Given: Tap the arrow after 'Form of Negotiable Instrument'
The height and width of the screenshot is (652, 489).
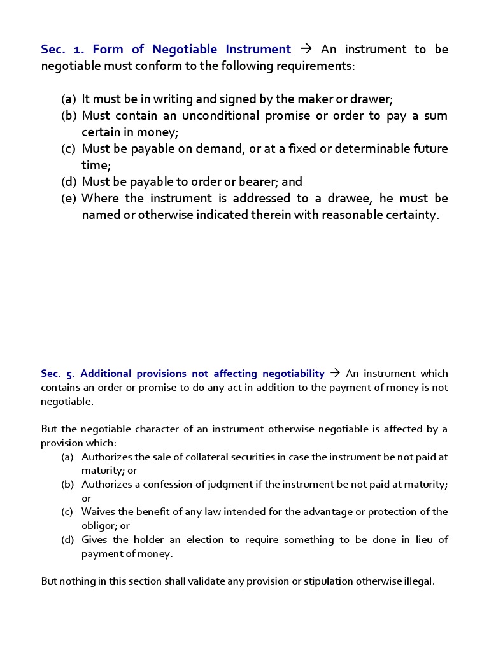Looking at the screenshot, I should [306, 50].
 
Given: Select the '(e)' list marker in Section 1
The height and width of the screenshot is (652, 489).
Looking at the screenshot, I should [69, 199].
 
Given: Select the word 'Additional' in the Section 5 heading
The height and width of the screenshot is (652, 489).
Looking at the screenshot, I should [106, 374].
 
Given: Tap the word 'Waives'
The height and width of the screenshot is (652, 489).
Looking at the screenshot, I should [96, 512].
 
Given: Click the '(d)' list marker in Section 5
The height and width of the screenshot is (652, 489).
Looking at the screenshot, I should [67, 540].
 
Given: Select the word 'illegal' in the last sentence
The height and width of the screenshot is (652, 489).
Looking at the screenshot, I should [416, 581].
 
